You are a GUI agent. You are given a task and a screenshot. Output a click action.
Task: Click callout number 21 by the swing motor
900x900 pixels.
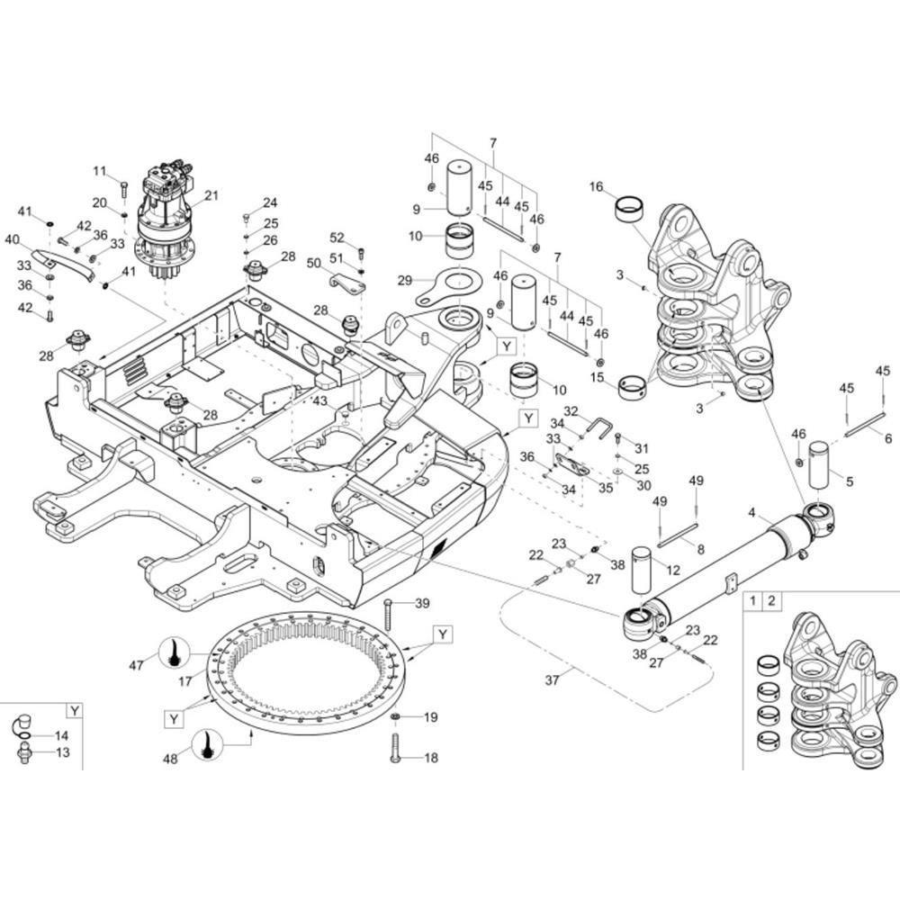coord(211,195)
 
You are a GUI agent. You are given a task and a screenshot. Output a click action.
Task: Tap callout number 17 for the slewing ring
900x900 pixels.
coord(185,682)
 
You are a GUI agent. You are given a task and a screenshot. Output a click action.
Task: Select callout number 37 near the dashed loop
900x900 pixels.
coord(553,680)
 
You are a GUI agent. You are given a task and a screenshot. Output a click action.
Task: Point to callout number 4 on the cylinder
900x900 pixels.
coord(752,515)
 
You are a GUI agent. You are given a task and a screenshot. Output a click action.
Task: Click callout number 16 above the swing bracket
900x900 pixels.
coord(596,187)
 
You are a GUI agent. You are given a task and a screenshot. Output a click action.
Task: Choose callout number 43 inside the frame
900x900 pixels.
coord(320,400)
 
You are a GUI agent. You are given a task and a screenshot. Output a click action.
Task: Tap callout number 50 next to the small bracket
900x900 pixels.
coord(313,264)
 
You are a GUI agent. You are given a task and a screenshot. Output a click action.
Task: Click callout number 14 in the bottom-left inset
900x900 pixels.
coord(62,736)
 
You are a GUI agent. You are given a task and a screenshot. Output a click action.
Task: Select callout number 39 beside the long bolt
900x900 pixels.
coord(421,603)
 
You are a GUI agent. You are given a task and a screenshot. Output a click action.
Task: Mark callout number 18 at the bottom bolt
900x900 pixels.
coord(430,758)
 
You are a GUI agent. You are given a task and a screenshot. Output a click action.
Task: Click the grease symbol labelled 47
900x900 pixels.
coord(172,653)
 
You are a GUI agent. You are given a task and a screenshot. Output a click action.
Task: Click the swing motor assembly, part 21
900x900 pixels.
coord(165,220)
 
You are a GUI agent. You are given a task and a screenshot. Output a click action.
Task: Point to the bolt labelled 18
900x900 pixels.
coord(394,748)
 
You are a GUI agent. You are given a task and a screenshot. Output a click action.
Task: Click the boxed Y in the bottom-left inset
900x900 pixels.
coord(75,710)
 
